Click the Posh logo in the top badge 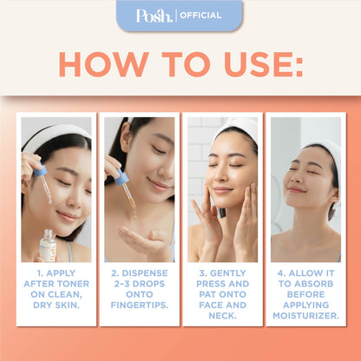click(x=154, y=15)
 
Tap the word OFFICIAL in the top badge click(x=200, y=15)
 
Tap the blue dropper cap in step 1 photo click(x=41, y=171)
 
